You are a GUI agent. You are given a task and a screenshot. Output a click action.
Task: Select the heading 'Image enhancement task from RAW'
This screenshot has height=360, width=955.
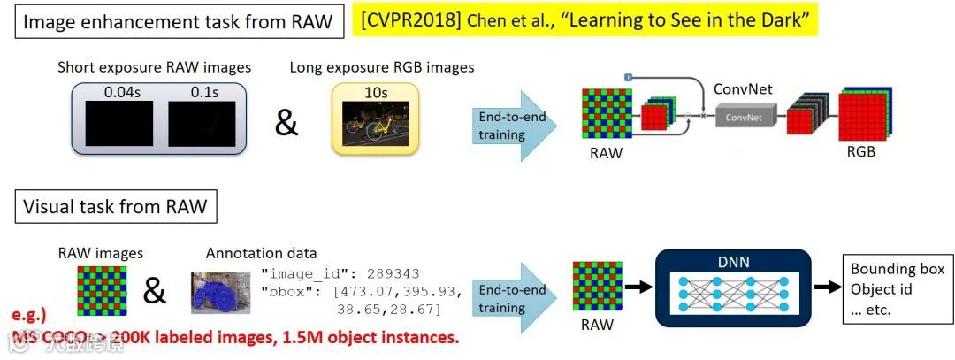click(178, 22)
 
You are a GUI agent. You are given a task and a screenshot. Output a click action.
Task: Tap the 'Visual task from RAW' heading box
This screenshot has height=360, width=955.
click(116, 207)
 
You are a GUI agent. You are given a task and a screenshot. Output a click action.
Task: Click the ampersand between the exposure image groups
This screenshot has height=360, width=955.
click(286, 123)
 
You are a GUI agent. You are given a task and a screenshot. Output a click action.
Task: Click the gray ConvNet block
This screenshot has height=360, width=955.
click(744, 116)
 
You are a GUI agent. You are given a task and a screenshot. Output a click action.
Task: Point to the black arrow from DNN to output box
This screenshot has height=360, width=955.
click(825, 287)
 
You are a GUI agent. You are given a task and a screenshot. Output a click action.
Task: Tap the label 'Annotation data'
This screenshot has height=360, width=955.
click(261, 253)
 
